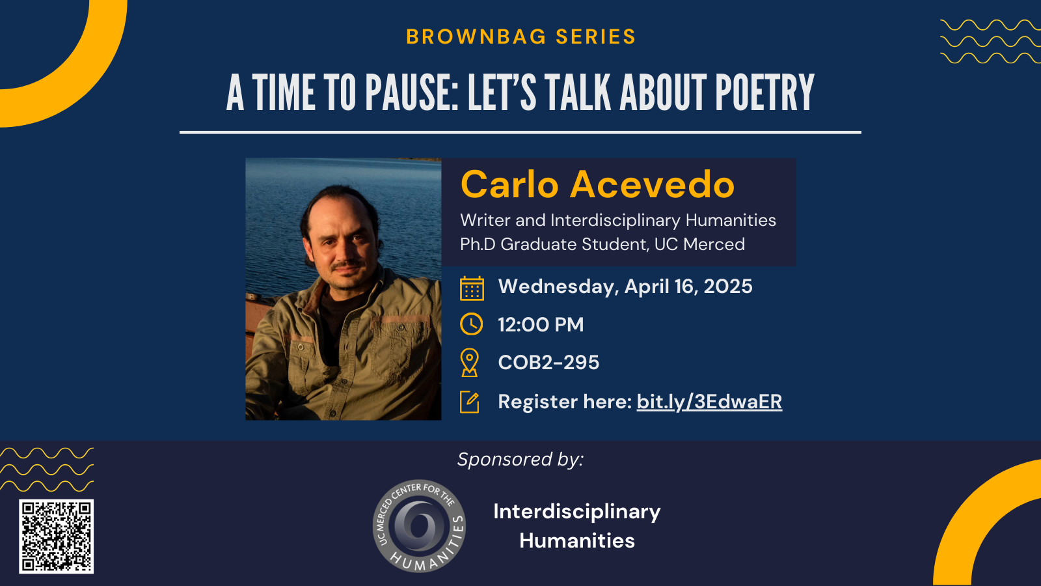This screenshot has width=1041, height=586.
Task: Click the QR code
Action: pyautogui.click(x=56, y=537)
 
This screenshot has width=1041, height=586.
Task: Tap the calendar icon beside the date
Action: pyautogui.click(x=472, y=288)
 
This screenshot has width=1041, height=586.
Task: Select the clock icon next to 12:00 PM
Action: pyautogui.click(x=471, y=324)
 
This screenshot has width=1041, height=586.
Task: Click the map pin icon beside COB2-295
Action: pyautogui.click(x=469, y=362)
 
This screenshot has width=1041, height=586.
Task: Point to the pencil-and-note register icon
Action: pyautogui.click(x=469, y=402)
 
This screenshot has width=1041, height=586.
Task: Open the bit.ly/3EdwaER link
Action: pyautogui.click(x=709, y=402)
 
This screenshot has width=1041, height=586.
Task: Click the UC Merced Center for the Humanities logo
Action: pyautogui.click(x=419, y=526)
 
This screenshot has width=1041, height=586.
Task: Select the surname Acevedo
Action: pyautogui.click(x=653, y=184)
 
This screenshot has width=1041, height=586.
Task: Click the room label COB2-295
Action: pyautogui.click(x=548, y=362)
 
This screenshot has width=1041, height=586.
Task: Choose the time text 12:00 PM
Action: pyautogui.click(x=541, y=324)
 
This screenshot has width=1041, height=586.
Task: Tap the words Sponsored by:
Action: pyautogui.click(x=520, y=460)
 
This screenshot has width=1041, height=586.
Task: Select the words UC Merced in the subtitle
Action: pyautogui.click(x=699, y=244)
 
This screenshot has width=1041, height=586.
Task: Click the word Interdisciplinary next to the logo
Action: pyautogui.click(x=576, y=512)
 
